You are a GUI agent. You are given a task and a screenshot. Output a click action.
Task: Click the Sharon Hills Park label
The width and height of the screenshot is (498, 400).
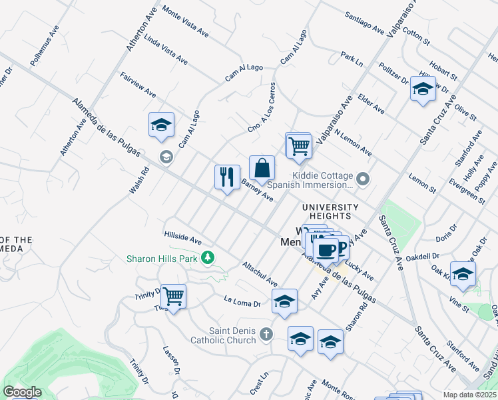163,258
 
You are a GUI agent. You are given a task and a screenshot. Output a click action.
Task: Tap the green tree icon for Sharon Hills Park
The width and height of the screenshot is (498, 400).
208,257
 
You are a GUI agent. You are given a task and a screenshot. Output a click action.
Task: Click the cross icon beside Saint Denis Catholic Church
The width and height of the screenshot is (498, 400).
266,333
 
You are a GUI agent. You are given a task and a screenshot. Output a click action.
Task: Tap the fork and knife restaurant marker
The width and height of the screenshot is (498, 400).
227,177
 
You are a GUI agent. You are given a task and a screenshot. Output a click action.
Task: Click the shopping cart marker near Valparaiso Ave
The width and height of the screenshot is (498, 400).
298,145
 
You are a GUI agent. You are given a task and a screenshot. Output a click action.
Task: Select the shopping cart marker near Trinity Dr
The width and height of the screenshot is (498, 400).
173,296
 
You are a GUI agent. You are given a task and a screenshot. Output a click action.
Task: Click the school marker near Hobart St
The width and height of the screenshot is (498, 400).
423,89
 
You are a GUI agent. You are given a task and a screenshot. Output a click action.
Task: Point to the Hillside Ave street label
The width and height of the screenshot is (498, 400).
183,237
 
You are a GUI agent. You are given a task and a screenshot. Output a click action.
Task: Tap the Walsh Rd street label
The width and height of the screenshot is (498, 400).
138,181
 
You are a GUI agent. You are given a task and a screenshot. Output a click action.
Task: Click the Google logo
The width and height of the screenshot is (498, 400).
22,392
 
